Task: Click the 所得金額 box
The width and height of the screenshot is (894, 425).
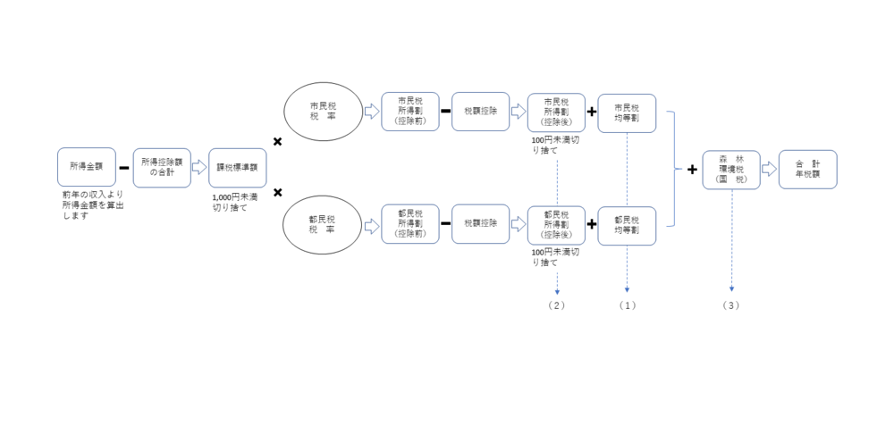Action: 86,167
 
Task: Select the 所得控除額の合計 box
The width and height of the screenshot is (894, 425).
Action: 162,167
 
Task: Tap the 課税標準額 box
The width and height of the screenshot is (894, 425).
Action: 237,167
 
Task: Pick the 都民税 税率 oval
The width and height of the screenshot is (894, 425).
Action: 320,224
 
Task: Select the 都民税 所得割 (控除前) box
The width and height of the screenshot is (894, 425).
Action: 410,224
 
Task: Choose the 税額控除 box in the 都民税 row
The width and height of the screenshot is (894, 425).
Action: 481,224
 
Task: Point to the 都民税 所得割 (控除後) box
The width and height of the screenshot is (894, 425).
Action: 556,224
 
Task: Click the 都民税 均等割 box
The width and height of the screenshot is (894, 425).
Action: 627,224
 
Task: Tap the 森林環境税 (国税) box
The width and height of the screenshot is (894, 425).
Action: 731,168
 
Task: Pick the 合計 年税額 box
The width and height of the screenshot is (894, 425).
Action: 807,168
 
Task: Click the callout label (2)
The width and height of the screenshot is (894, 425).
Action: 556,305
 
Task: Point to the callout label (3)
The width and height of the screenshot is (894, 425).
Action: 731,305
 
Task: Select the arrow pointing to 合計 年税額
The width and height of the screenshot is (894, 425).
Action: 768,168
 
